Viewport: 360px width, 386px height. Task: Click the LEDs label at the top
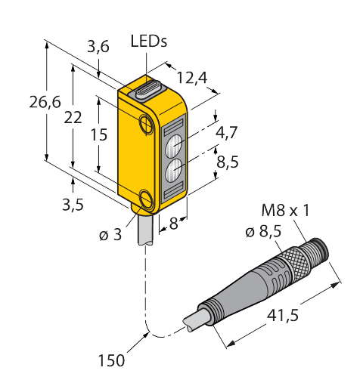(x=149, y=41)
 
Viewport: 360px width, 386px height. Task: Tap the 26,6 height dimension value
(x=45, y=102)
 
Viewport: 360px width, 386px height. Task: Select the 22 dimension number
(x=73, y=117)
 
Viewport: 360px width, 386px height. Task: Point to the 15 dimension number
(x=99, y=134)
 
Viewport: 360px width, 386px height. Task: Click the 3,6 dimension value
(x=98, y=47)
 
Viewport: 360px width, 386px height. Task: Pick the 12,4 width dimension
(x=192, y=78)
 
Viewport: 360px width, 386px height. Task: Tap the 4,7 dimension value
(x=227, y=132)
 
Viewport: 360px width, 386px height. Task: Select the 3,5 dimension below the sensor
(x=73, y=205)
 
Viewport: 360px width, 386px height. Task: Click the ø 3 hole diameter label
(x=110, y=235)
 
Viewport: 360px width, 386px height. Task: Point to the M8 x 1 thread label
(x=285, y=210)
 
